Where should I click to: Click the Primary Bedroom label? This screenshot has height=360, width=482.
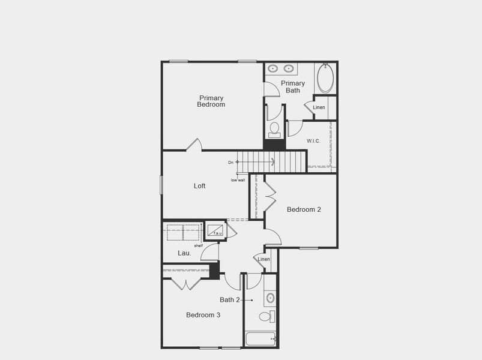coord(211,101)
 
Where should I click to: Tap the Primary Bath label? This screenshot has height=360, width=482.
coord(293,87)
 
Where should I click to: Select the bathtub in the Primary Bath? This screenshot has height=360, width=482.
coord(325,78)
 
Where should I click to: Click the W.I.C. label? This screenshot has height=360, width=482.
coord(313,141)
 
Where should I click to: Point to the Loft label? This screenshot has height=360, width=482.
coord(200,186)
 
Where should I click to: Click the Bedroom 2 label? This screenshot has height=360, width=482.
coord(304,209)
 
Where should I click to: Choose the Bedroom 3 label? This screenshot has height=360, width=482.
coord(203,315)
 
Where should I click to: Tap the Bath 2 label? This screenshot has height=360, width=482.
coord(230,300)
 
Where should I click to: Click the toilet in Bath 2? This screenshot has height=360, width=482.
coord(266,316)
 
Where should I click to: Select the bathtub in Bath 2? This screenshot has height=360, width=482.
coord(261,339)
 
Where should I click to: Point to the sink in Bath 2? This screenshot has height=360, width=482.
coord(270,298)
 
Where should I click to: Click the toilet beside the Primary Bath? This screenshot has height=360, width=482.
coord(274,129)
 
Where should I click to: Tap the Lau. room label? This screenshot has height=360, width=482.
coord(184,253)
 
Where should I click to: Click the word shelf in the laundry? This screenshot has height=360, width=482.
coord(198,245)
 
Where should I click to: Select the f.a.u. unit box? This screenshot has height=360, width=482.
coord(215,230)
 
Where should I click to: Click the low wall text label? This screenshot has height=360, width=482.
coord(238,180)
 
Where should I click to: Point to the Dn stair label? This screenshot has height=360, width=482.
coord(230,162)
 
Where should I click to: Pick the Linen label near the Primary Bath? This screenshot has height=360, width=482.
coord(319,107)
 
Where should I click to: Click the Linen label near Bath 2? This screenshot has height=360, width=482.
coord(264,259)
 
